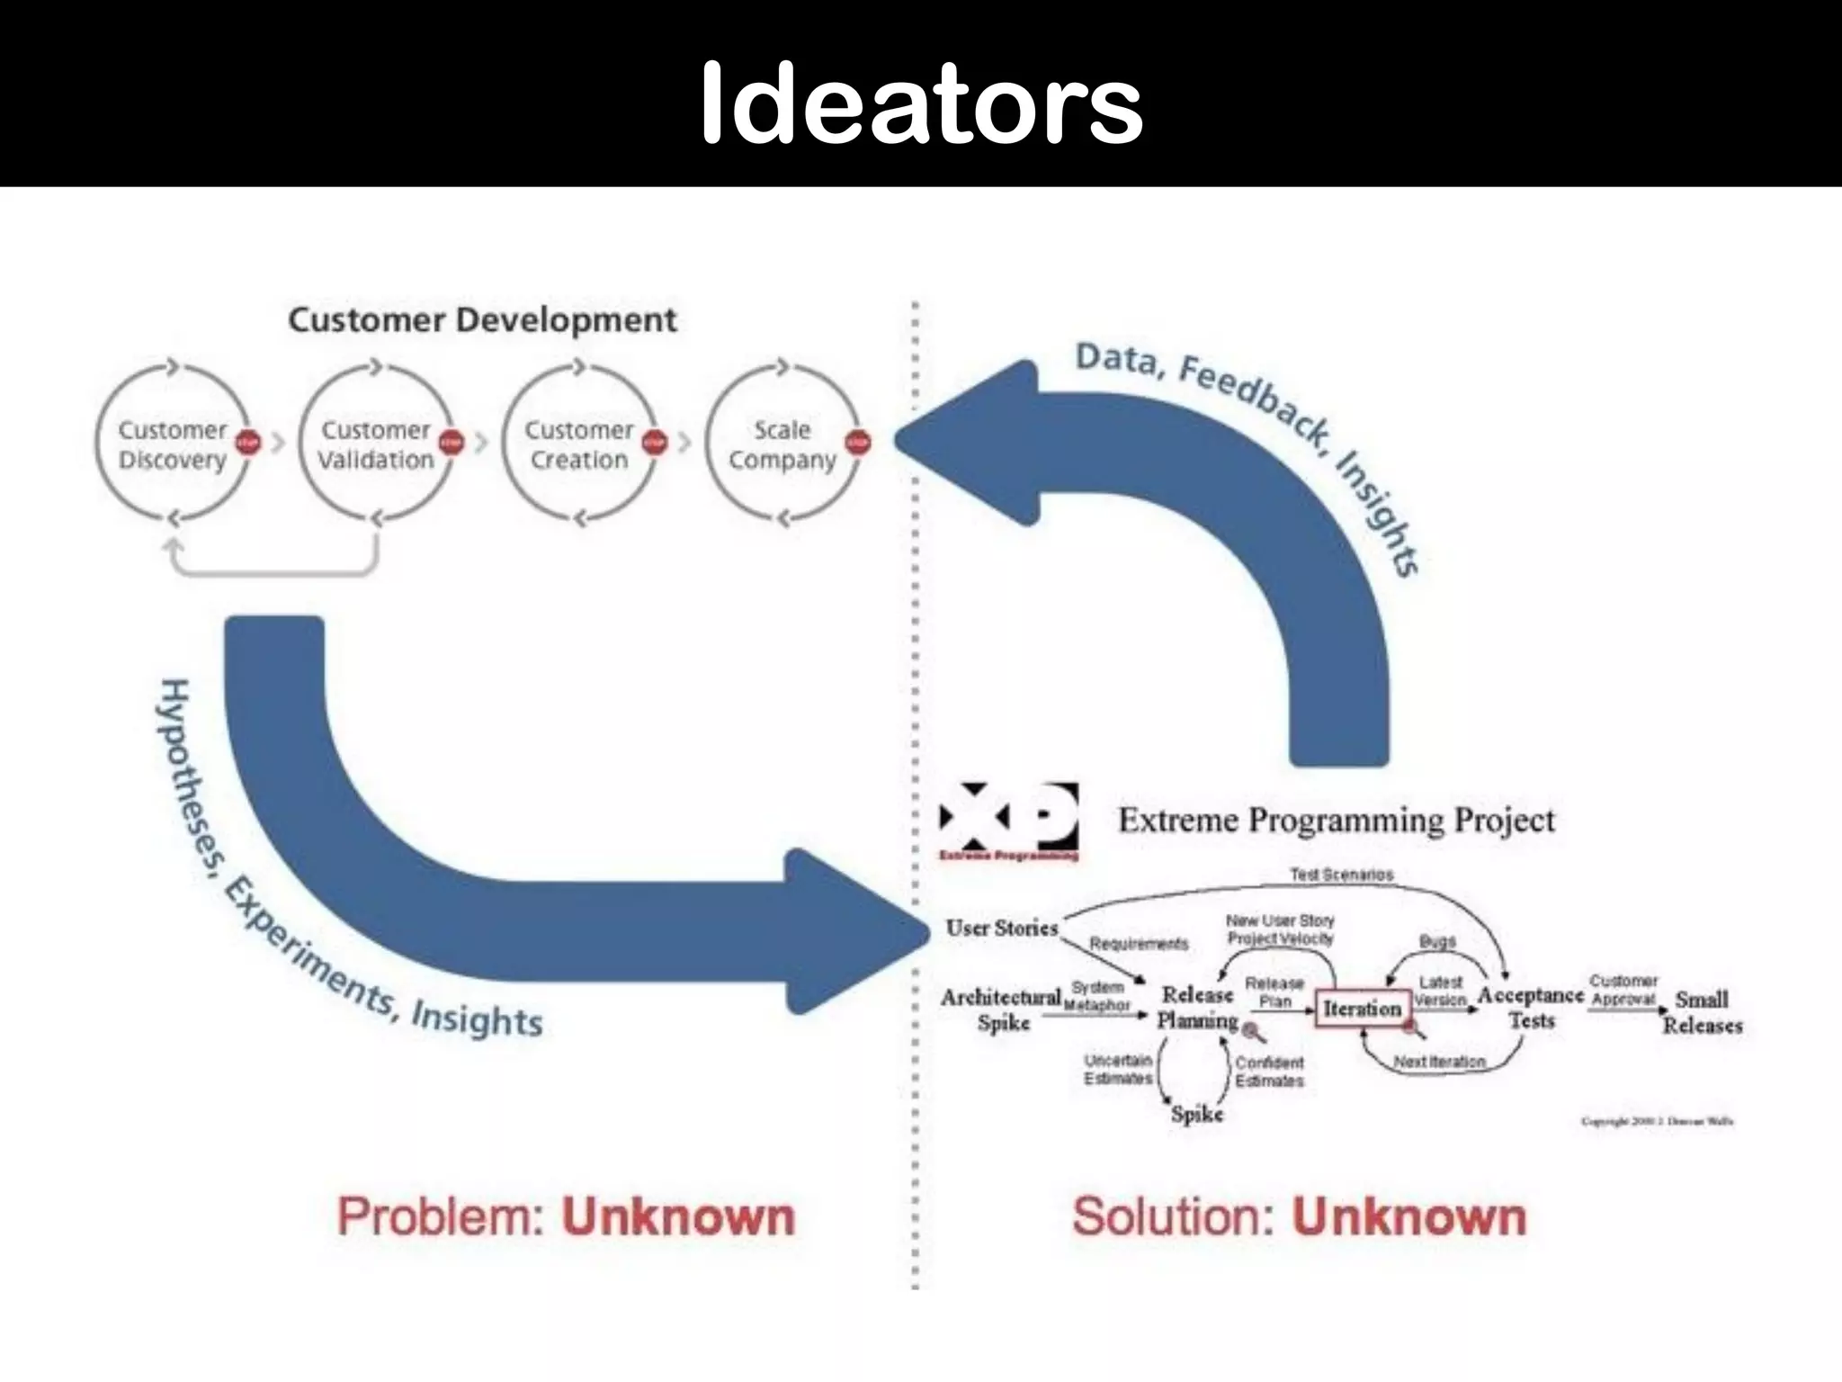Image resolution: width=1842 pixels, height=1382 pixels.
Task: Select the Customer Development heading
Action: pyautogui.click(x=482, y=320)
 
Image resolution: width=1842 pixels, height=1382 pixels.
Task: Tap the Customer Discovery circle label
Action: pyautogui.click(x=172, y=444)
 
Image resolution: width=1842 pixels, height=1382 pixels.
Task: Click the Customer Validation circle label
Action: pyautogui.click(x=375, y=444)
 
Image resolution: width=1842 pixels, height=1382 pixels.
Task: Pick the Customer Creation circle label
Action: pyautogui.click(x=579, y=444)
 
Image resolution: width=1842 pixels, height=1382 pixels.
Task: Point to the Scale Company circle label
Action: pyautogui.click(x=782, y=444)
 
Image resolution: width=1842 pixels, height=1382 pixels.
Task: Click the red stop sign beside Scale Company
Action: pyautogui.click(x=858, y=442)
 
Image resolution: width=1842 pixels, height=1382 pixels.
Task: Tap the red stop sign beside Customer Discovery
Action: pyautogui.click(x=248, y=442)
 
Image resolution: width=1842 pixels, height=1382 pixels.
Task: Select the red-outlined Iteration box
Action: pyautogui.click(x=1362, y=1009)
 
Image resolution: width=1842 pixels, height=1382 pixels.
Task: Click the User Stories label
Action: pyautogui.click(x=1001, y=928)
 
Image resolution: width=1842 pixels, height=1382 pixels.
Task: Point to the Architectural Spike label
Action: pyautogui.click(x=1002, y=1009)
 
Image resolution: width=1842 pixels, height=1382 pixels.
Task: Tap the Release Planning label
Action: pyautogui.click(x=1197, y=1007)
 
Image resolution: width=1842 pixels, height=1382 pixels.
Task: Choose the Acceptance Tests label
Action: pyautogui.click(x=1531, y=1007)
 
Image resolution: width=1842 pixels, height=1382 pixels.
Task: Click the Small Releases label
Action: pyautogui.click(x=1702, y=1012)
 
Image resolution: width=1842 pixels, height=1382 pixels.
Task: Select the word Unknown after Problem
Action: pyautogui.click(x=679, y=1217)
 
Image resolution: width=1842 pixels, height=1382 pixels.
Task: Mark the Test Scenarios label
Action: pyautogui.click(x=1341, y=875)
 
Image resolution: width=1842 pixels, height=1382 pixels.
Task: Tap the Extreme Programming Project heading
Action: pyautogui.click(x=1336, y=821)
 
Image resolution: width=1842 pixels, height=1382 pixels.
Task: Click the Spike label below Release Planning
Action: pyautogui.click(x=1197, y=1114)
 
